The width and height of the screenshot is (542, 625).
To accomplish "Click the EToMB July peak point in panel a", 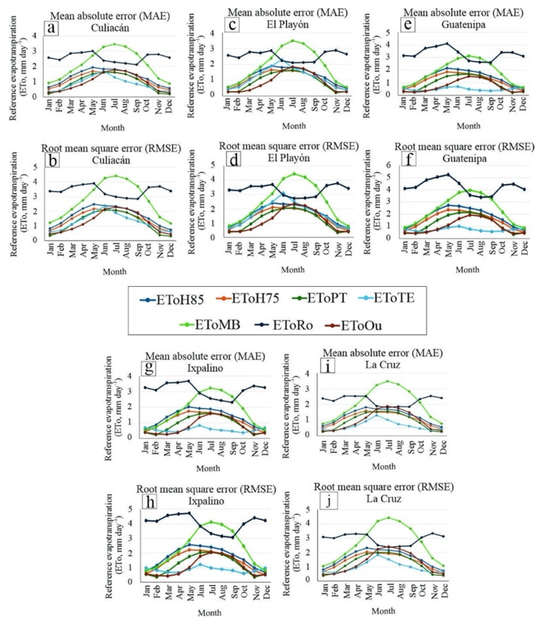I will point(114,44).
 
